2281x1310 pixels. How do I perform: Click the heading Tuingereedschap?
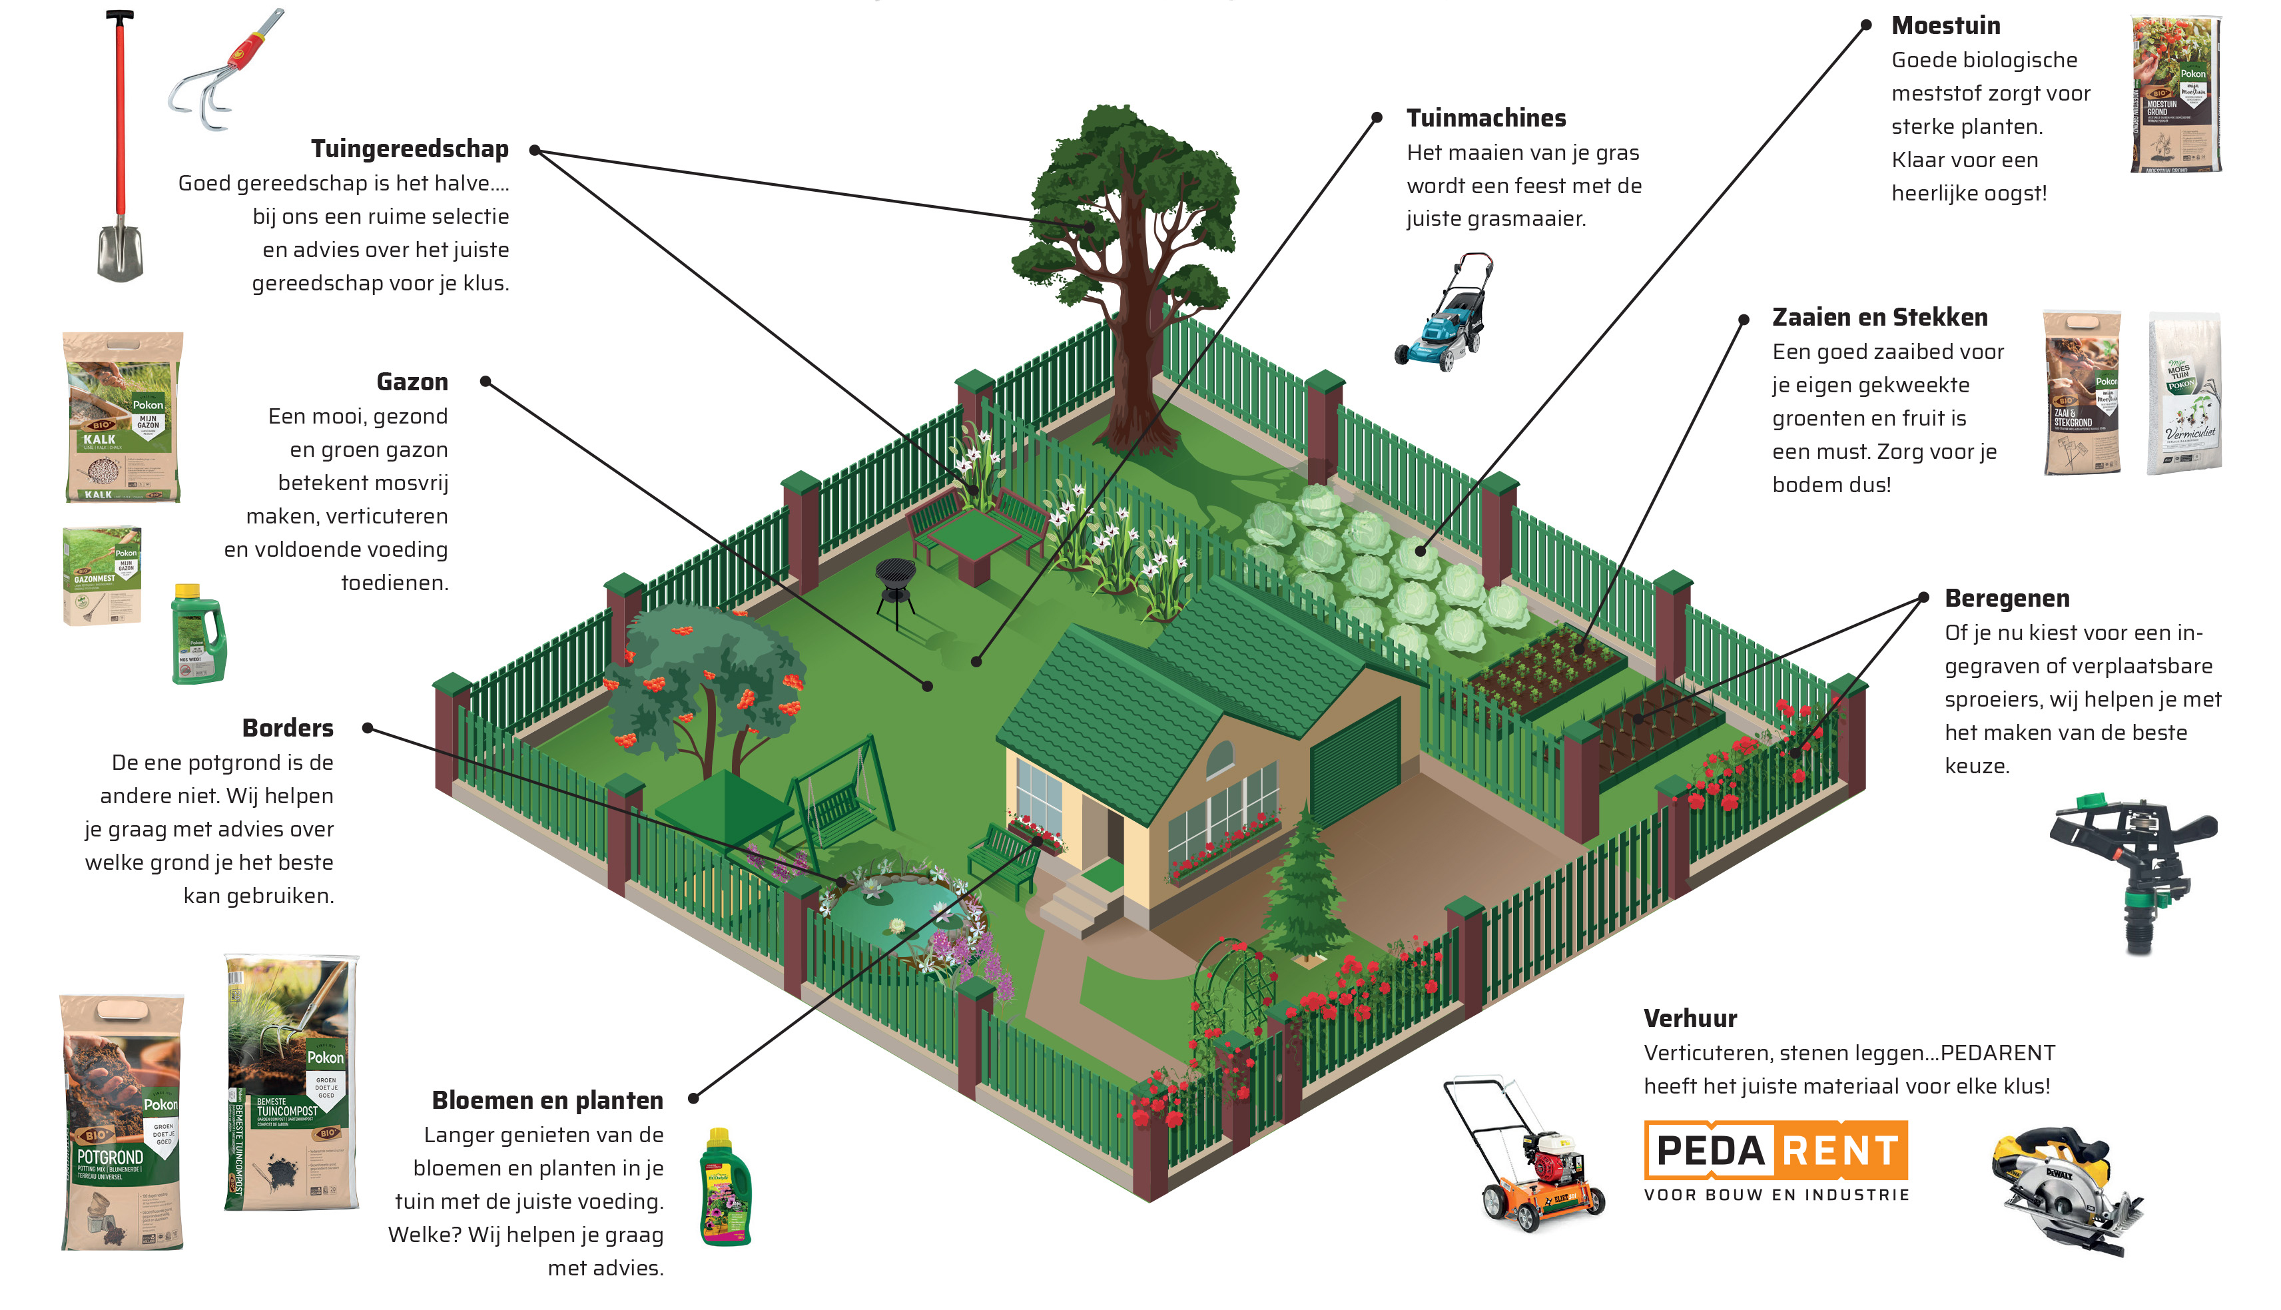pyautogui.click(x=410, y=149)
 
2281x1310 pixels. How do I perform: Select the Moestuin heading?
pyautogui.click(x=1945, y=25)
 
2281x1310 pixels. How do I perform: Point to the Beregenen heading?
pyautogui.click(x=2007, y=598)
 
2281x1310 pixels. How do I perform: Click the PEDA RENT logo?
pyautogui.click(x=1776, y=1151)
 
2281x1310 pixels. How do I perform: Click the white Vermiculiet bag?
pyautogui.click(x=2184, y=392)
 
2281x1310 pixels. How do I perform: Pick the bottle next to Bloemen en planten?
pyautogui.click(x=725, y=1187)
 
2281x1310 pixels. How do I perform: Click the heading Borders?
pyautogui.click(x=288, y=728)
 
